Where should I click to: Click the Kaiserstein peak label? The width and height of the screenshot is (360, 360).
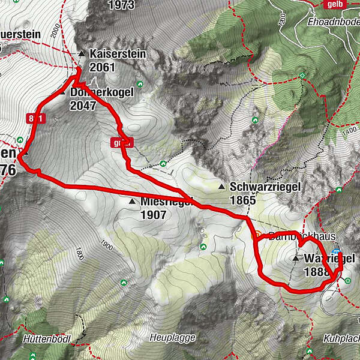pos(118,54)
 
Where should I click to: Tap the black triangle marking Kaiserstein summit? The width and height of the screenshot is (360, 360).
pos(82,54)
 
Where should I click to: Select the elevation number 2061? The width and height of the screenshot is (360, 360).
pos(101,67)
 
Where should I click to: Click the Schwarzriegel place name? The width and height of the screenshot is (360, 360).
pos(265,187)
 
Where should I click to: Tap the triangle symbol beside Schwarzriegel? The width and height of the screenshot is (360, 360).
pos(221,187)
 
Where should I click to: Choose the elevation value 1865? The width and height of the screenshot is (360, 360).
pos(242,200)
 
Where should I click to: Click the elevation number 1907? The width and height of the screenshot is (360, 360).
pos(153,214)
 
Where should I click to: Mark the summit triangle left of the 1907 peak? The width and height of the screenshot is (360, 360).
pos(131,202)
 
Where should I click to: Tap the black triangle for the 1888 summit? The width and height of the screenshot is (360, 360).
pos(295,259)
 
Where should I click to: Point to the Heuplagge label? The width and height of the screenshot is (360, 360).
pos(173,338)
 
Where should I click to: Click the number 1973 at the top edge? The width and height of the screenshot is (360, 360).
pos(120,5)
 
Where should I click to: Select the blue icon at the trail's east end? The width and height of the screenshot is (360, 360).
pos(337,253)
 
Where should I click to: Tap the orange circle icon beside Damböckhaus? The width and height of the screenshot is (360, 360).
pos(258,234)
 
